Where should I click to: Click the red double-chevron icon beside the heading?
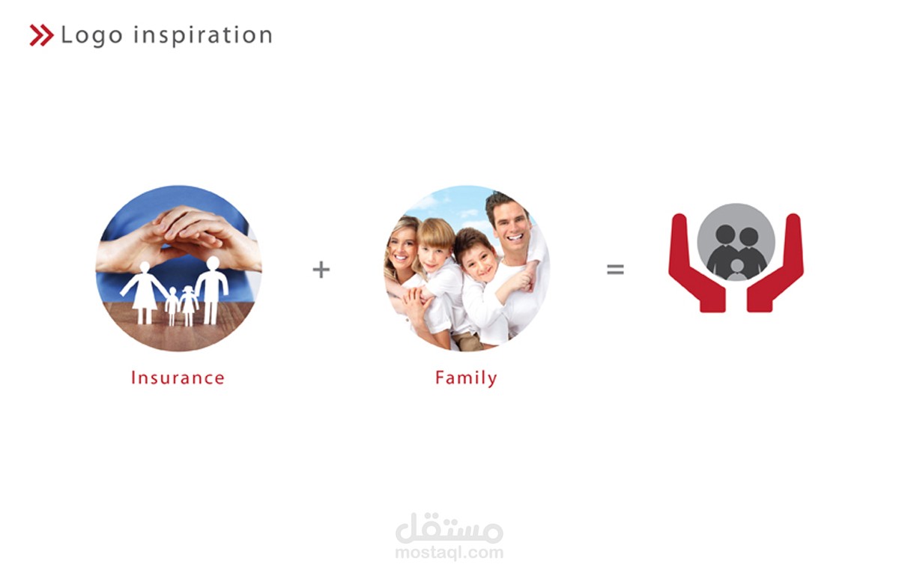pos(41,35)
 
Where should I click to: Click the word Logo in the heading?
pos(92,36)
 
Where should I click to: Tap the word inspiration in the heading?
pos(203,35)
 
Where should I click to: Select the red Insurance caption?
pos(178,378)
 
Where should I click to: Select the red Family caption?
pos(466,378)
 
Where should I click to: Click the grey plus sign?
pos(321,269)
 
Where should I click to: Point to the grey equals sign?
pos(615,269)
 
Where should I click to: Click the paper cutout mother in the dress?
pos(143,292)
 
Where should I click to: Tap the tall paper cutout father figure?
pos(212,290)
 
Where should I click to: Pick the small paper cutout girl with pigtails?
pos(188,305)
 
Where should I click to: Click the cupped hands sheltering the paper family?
pos(178,238)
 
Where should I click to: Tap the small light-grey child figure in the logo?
pos(736,270)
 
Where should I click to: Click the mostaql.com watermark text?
pos(449,553)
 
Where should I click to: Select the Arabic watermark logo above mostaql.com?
pos(449,527)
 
